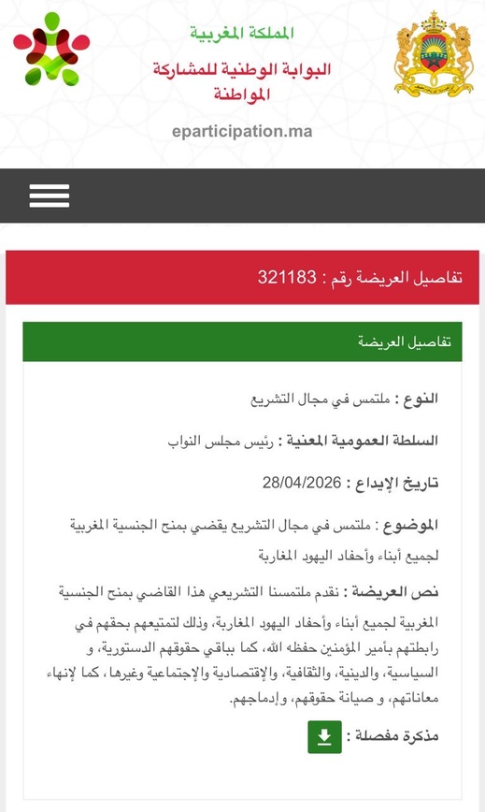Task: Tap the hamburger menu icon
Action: point(49,195)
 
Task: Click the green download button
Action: point(324,737)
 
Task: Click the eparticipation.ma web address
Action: point(242,131)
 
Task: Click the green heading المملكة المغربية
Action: point(242,34)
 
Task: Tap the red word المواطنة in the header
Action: point(242,94)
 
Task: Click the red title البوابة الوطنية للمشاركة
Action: point(242,69)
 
